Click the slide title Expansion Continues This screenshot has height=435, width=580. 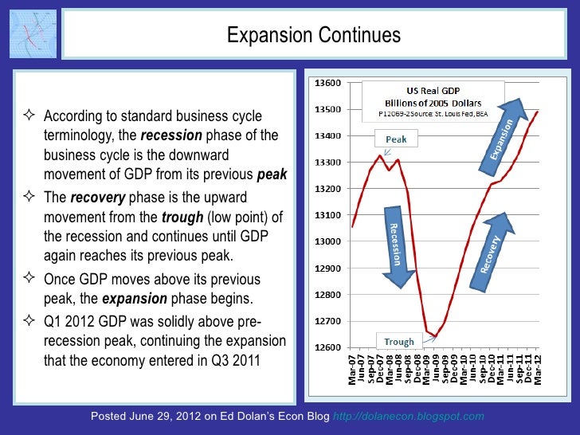[313, 35]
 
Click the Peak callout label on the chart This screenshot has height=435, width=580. [396, 139]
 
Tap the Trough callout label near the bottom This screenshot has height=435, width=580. [399, 342]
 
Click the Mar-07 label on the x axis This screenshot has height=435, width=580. [354, 370]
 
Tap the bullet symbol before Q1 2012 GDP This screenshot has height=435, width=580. [31, 322]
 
